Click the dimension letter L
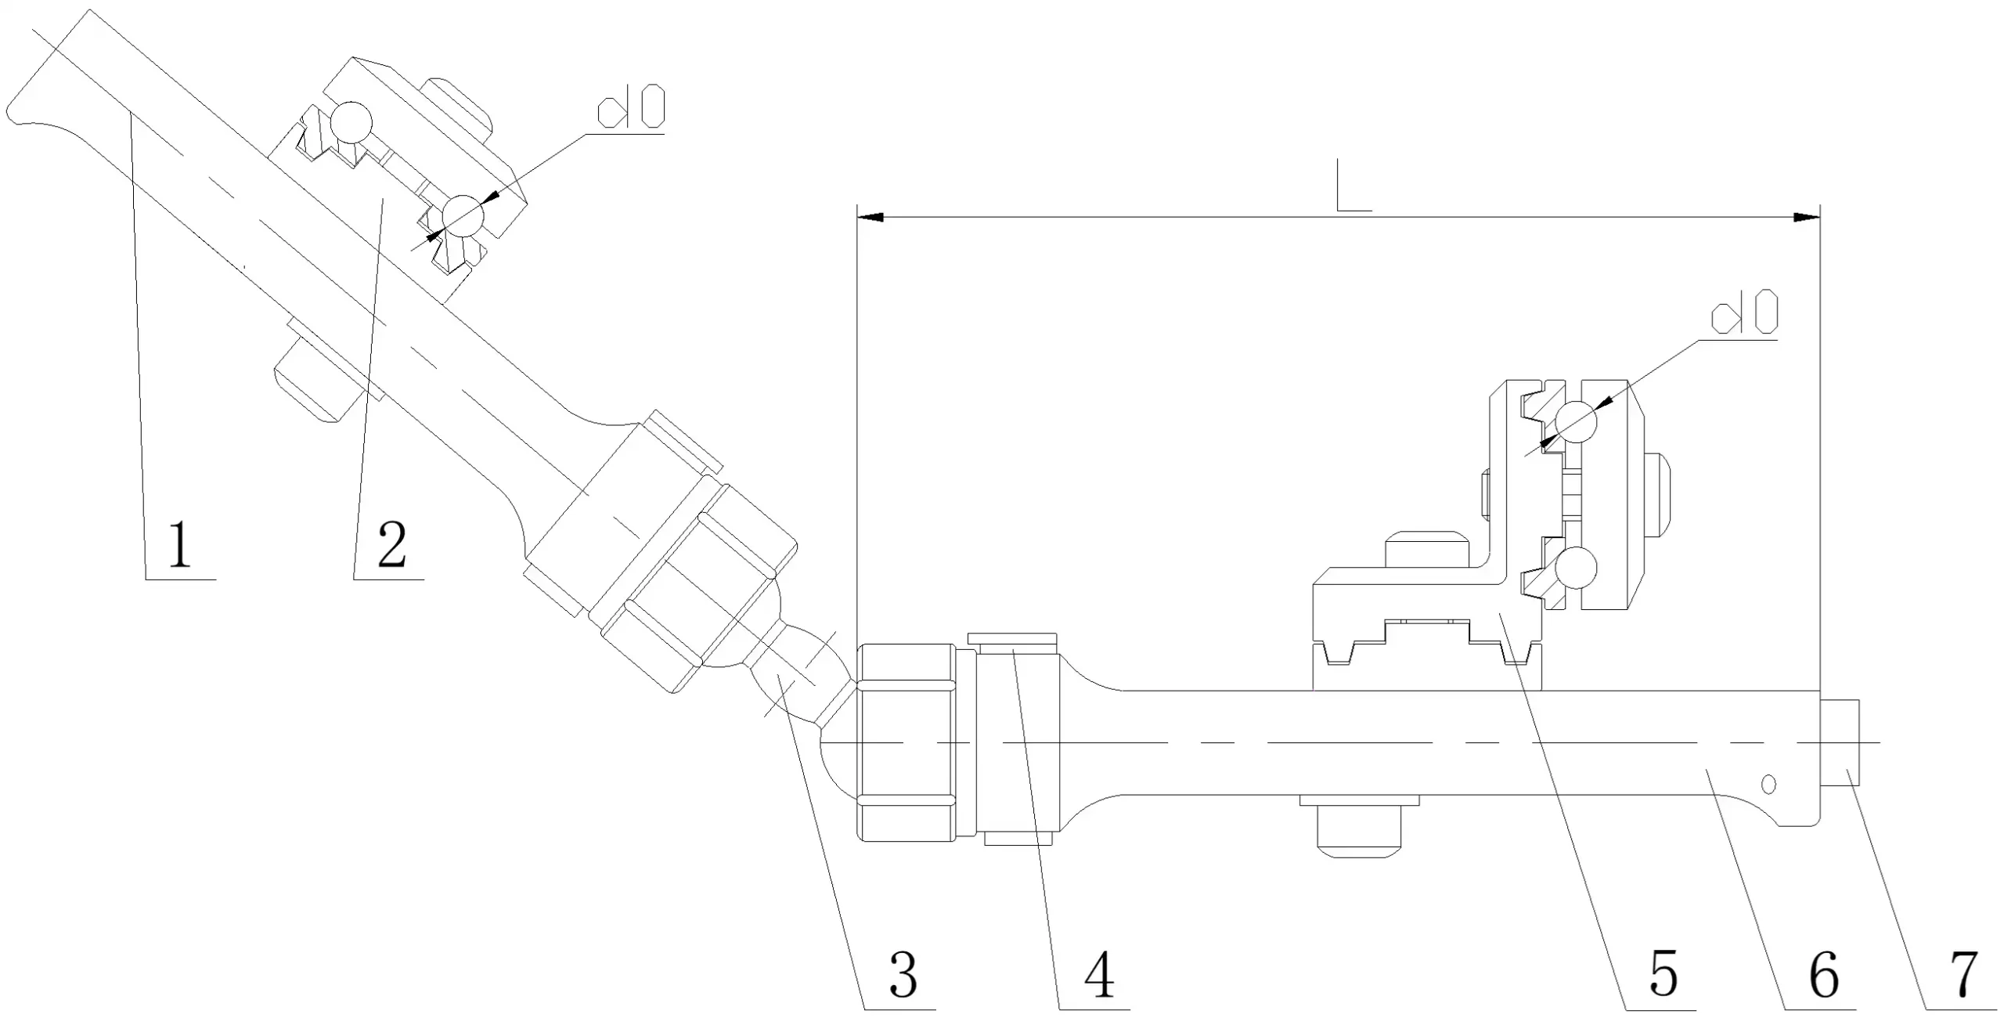point(1352,186)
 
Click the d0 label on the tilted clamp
point(631,107)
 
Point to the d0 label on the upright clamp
point(1744,312)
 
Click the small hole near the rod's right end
point(1768,784)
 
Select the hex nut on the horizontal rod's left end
point(906,742)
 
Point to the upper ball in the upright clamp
point(1576,424)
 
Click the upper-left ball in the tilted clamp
point(351,123)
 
